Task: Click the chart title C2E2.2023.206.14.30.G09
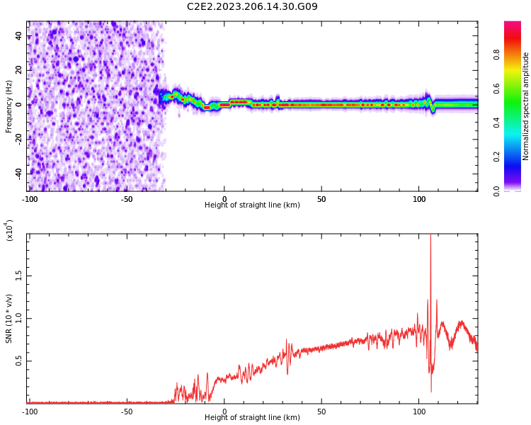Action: coord(252,7)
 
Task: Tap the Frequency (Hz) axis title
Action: coord(9,106)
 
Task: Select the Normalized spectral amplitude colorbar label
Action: coord(526,106)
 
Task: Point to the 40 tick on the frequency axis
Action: coord(19,36)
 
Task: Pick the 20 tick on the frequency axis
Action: coord(19,70)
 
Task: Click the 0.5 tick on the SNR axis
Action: coord(19,361)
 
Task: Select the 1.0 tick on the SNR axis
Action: coord(19,318)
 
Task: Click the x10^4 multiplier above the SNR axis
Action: coord(10,231)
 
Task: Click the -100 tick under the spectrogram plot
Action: coord(30,199)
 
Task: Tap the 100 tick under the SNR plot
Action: coord(418,412)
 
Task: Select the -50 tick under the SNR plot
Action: coord(127,412)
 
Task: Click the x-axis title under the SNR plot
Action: coord(252,418)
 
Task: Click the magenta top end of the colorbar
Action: coord(512,25)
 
